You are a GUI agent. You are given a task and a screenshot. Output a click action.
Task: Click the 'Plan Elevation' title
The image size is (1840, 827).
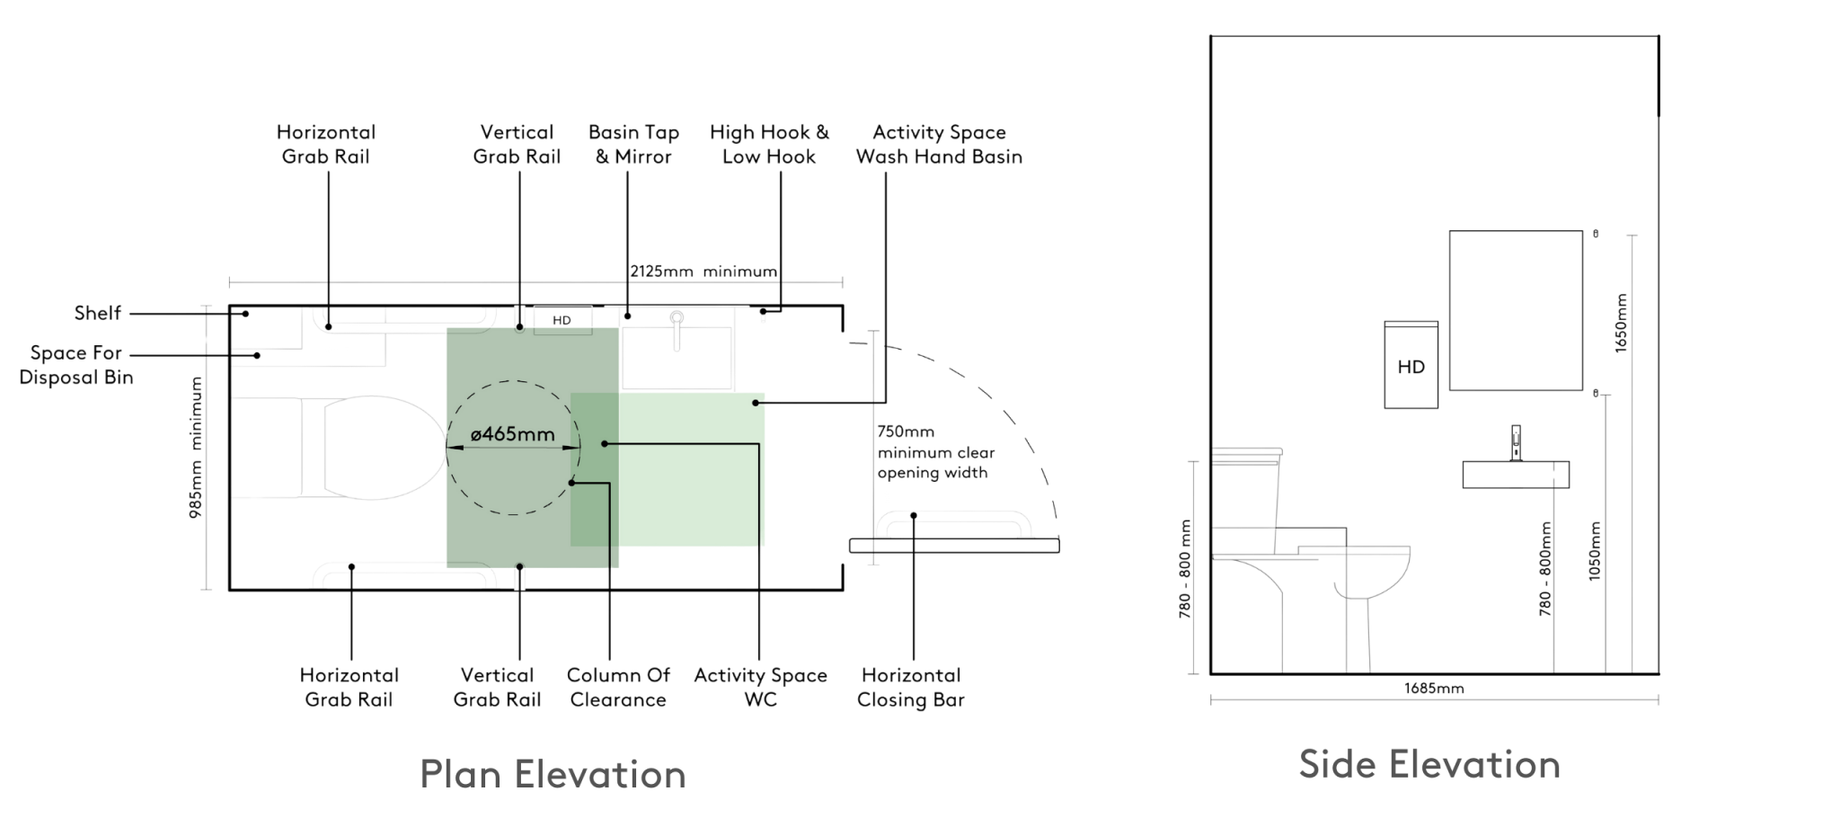[553, 774]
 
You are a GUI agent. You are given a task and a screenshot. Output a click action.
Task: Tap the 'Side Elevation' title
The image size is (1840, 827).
[1429, 764]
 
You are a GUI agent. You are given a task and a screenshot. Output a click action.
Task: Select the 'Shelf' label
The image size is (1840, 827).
[97, 314]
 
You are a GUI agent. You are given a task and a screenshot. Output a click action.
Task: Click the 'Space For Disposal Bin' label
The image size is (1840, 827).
[76, 364]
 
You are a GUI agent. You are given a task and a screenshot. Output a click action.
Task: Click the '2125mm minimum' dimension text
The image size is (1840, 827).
[703, 271]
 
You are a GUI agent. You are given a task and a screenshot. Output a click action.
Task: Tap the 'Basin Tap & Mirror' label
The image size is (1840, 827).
[633, 145]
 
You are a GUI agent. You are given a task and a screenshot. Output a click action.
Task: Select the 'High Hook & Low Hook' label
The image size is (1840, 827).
[770, 145]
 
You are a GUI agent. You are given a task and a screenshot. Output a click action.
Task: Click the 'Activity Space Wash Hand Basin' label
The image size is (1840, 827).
[939, 145]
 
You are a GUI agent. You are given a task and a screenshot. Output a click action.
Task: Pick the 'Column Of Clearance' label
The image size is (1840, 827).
[618, 688]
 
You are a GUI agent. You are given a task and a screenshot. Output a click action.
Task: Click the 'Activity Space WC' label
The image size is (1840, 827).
[760, 688]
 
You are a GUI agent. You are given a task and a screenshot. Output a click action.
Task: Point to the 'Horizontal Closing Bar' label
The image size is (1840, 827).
[910, 688]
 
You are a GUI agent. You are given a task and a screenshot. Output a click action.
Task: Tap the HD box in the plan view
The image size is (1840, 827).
[562, 320]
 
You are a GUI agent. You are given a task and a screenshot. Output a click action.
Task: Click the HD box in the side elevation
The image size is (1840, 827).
[1411, 366]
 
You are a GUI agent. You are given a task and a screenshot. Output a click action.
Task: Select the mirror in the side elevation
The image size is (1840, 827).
[1516, 310]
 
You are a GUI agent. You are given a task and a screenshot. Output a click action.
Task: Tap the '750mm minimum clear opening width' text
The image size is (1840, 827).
[934, 452]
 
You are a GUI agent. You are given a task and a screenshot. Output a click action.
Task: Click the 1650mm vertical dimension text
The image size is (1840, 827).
[1621, 322]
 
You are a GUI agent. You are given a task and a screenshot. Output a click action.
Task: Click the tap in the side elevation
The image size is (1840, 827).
[1517, 442]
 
